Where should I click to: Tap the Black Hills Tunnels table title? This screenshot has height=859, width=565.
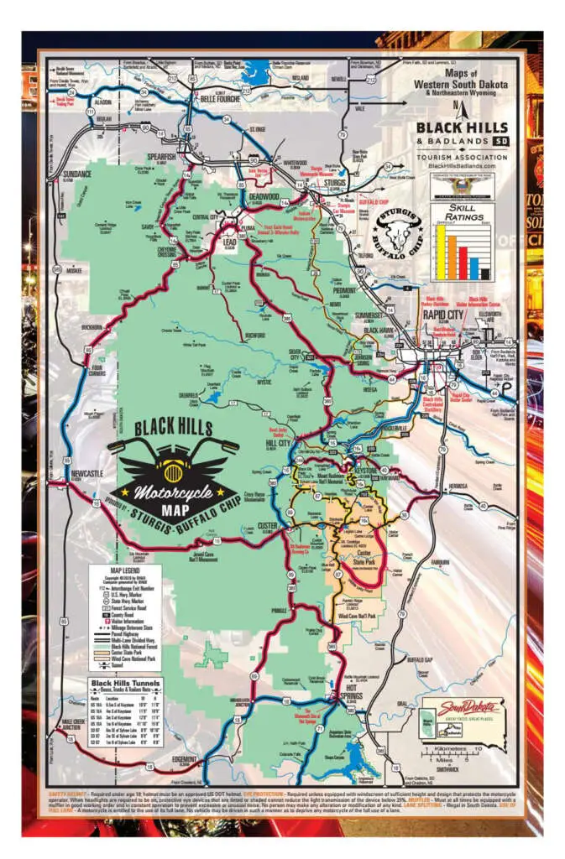tap(125, 684)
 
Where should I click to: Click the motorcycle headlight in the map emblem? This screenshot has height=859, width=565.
tap(178, 462)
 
